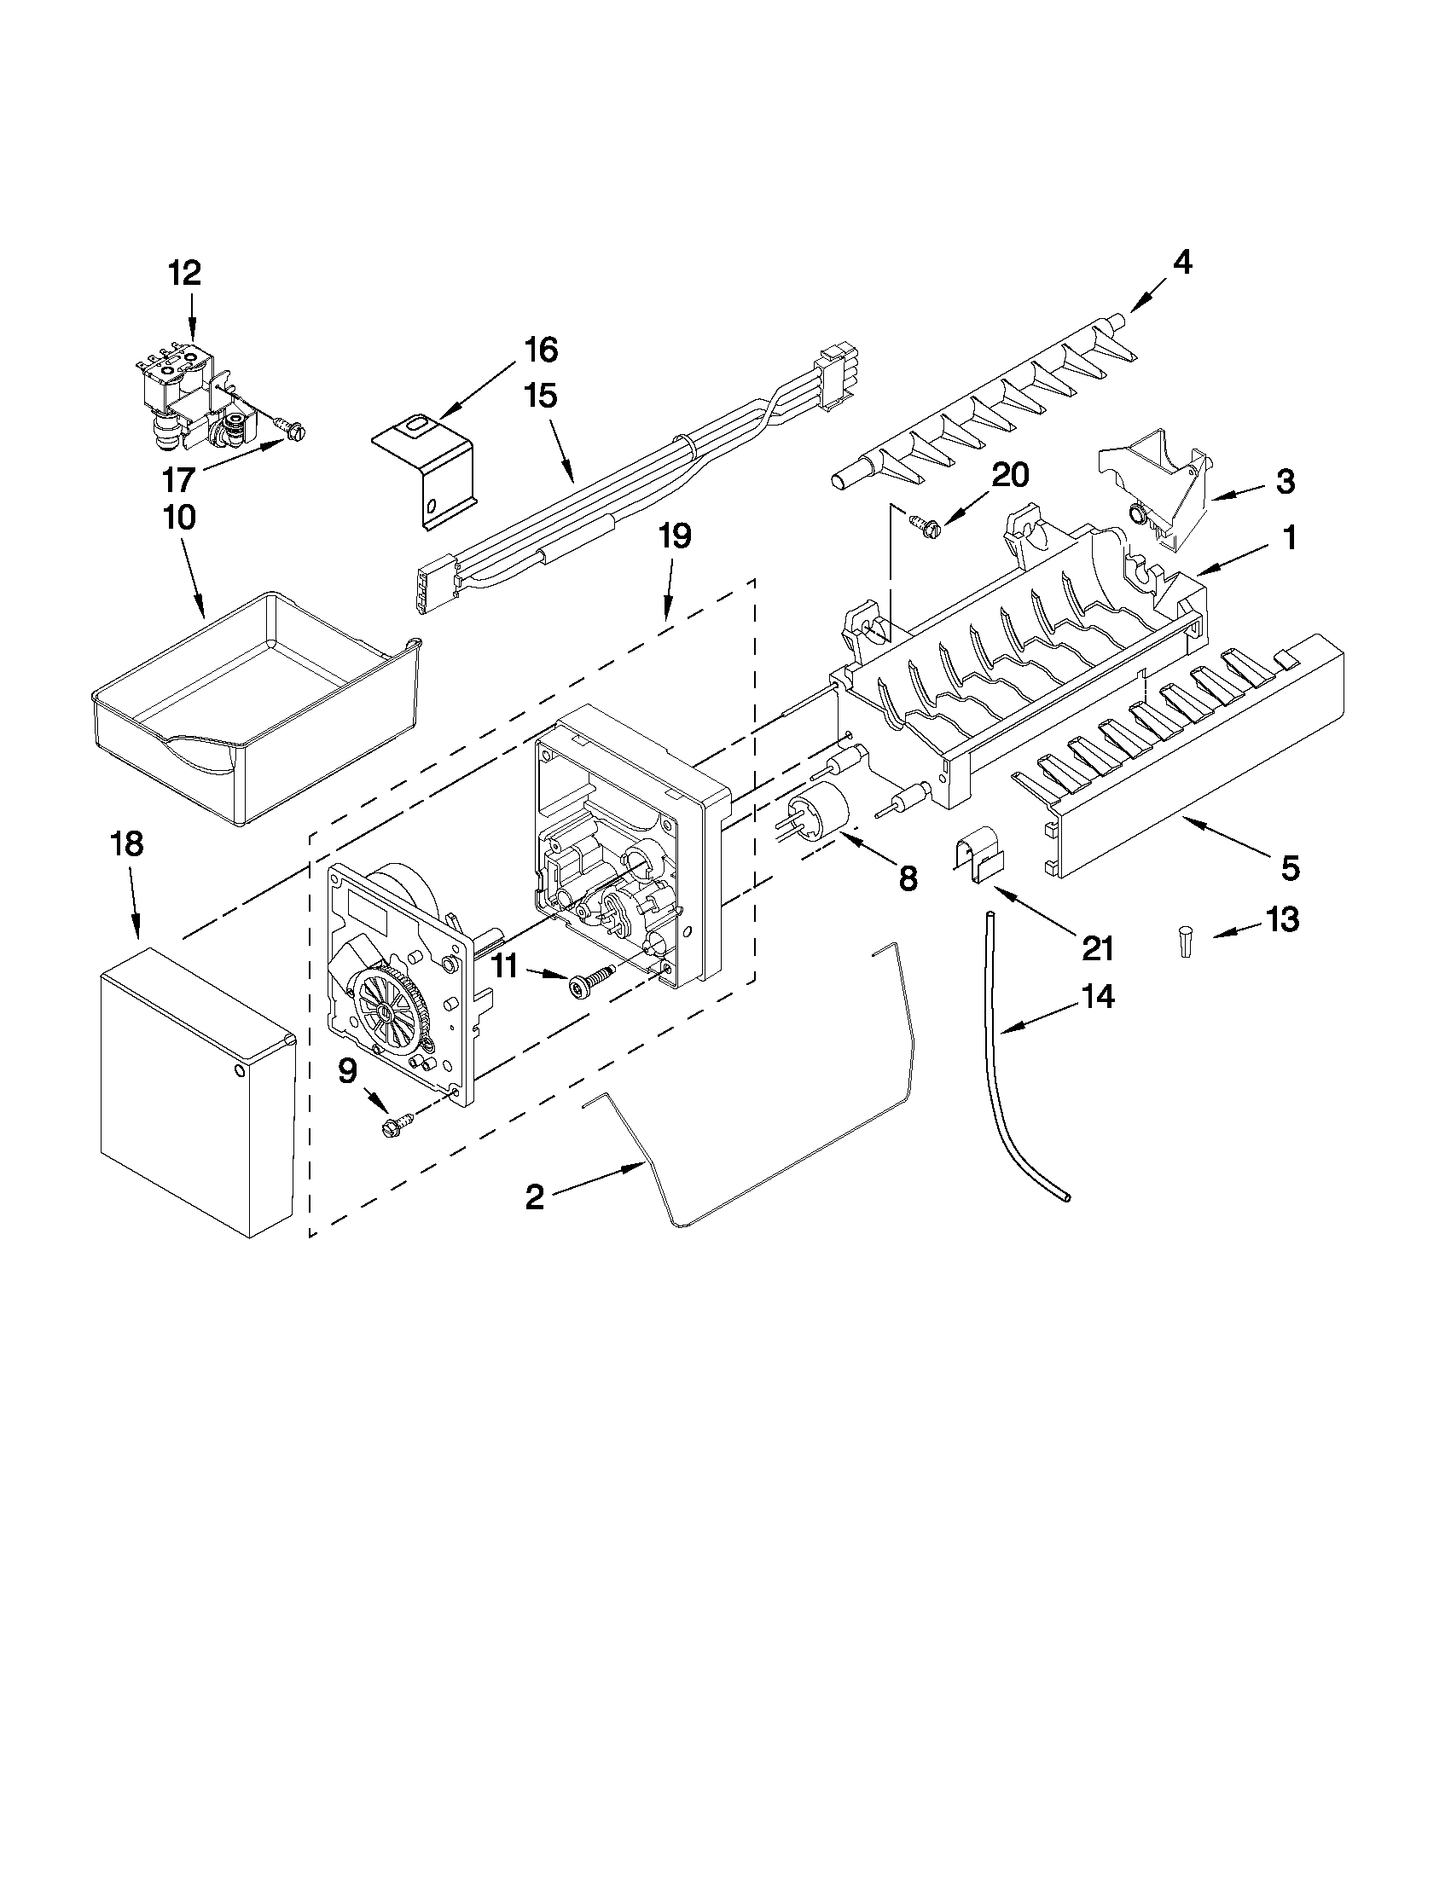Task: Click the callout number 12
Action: (184, 274)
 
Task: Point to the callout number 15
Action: (542, 397)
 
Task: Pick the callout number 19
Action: (675, 536)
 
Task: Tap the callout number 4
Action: (1183, 263)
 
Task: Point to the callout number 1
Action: (1290, 539)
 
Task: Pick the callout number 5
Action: (1291, 868)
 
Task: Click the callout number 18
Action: (126, 844)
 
